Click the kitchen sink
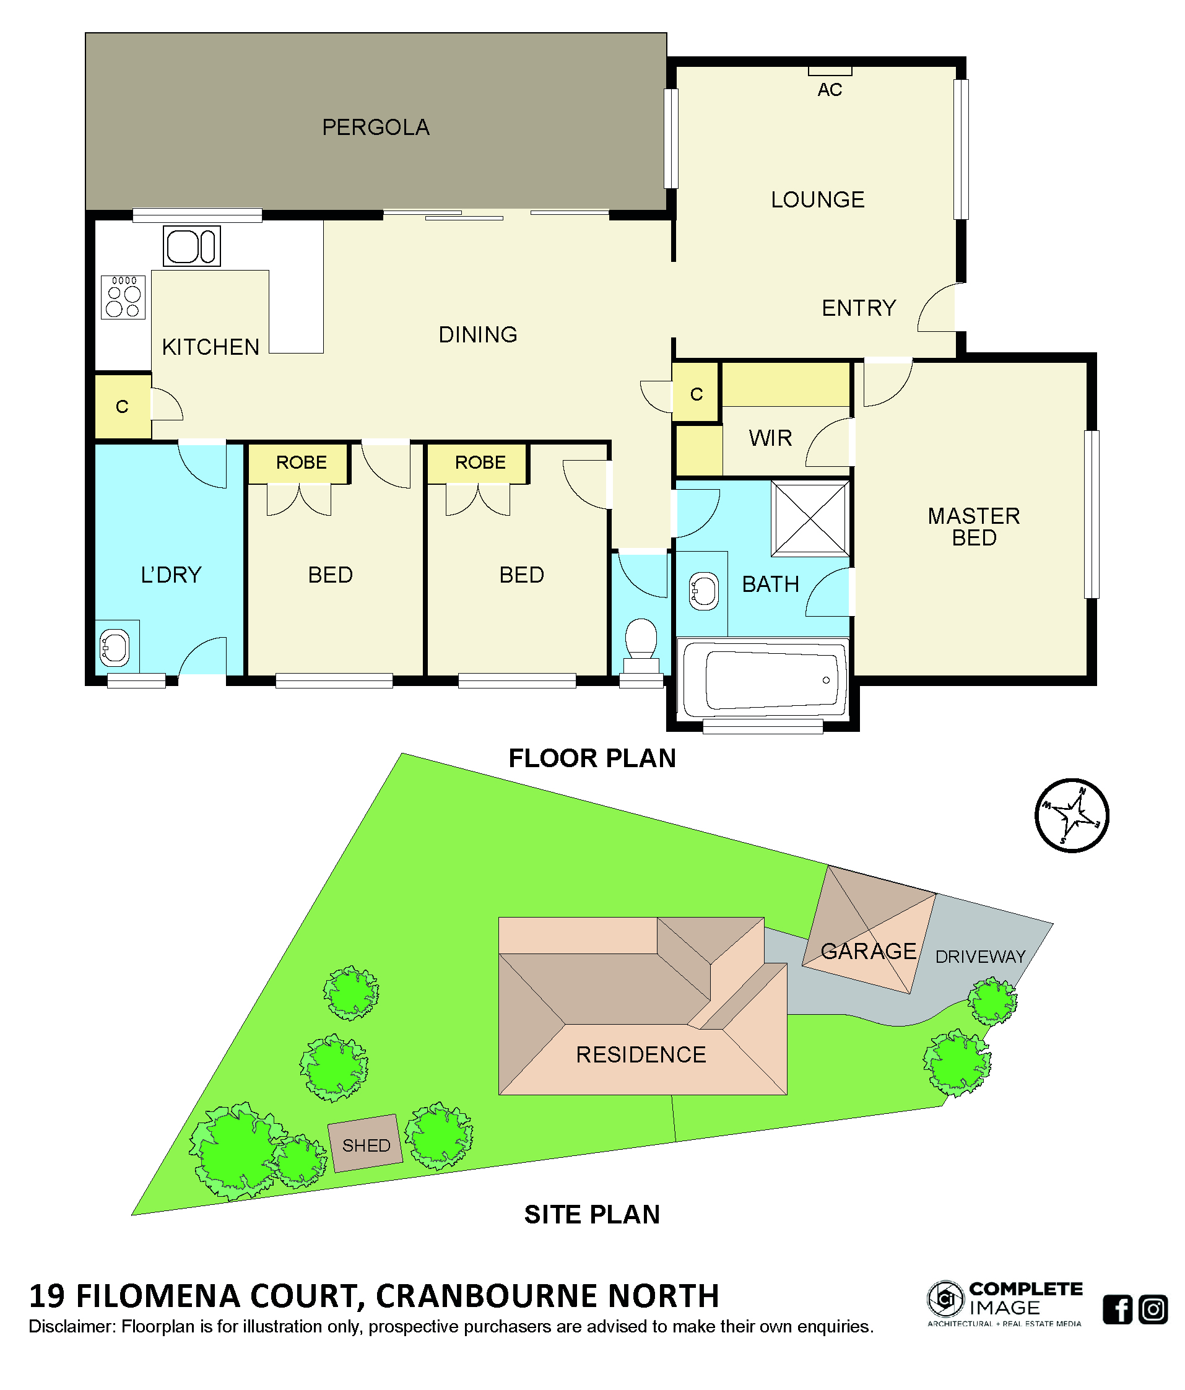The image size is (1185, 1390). (x=191, y=246)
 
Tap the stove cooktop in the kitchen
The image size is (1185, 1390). (x=123, y=297)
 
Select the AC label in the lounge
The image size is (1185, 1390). (x=829, y=90)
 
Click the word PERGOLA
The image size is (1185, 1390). (x=376, y=128)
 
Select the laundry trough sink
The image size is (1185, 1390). (x=115, y=648)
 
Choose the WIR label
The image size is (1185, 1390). (x=770, y=438)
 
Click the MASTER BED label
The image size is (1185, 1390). (x=973, y=527)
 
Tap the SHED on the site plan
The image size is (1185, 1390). (x=365, y=1143)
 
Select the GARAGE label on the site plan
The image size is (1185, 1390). (x=868, y=950)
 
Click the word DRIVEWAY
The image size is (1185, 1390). (x=980, y=957)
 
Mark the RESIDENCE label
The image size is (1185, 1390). (x=640, y=1054)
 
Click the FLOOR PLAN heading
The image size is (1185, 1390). (x=591, y=758)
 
